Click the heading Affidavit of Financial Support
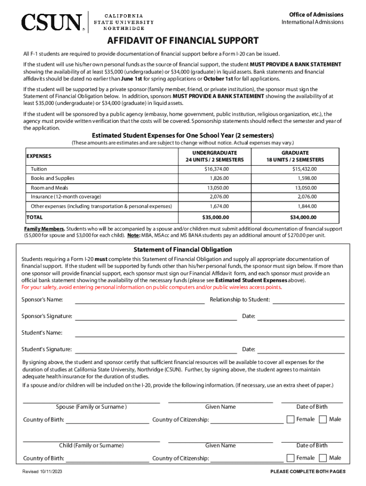tap(183, 41)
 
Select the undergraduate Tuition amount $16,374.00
tap(216, 169)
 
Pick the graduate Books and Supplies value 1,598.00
tap(307, 178)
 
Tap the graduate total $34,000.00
tap(303, 217)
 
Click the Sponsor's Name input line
tap(140, 300)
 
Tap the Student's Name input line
tap(209, 333)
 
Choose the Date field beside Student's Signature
tap(300, 350)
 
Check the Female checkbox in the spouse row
tap(290, 420)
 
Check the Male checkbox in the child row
tap(323, 458)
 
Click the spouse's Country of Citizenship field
tap(247, 420)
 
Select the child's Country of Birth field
tap(107, 458)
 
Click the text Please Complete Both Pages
tap(308, 472)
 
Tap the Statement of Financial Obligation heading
tap(183, 250)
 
